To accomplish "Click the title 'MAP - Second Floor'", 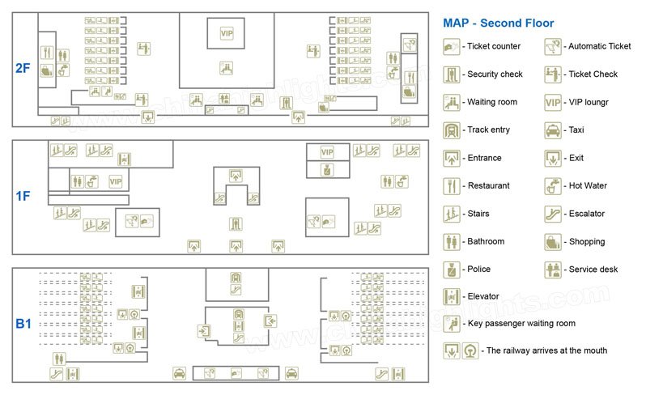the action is click(498, 23).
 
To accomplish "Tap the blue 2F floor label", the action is click(23, 68).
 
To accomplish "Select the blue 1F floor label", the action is click(23, 196).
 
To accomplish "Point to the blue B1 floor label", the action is click(23, 324).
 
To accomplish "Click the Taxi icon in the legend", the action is click(552, 130).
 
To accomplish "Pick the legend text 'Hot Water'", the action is click(588, 185).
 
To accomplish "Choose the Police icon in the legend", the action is click(451, 270).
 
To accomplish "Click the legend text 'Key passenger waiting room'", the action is click(521, 324).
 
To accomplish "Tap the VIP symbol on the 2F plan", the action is click(227, 33).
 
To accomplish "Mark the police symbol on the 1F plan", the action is click(328, 169).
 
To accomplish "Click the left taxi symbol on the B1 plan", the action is click(179, 374).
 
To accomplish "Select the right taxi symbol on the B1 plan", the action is click(291, 374).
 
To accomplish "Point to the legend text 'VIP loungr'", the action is click(589, 102).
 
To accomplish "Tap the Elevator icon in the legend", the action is click(451, 296).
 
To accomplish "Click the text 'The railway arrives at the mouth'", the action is click(546, 350).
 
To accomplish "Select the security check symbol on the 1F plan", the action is click(236, 224).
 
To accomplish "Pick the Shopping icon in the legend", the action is click(552, 242).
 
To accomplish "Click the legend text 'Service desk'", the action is click(593, 270).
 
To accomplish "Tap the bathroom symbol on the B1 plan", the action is click(59, 359).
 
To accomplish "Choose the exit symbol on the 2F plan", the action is click(148, 117).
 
